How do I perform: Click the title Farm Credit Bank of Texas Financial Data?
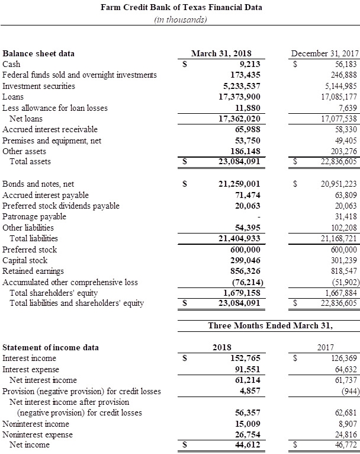pyautogui.click(x=181, y=7)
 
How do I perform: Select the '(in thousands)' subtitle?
pyautogui.click(x=181, y=19)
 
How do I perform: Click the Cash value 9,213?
pyautogui.click(x=249, y=64)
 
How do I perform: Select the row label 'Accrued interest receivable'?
pyautogui.click(x=50, y=129)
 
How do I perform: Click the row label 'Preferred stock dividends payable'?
pyautogui.click(x=61, y=206)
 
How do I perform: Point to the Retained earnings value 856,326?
pyautogui.click(x=245, y=271)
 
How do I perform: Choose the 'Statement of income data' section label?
pyautogui.click(x=51, y=347)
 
